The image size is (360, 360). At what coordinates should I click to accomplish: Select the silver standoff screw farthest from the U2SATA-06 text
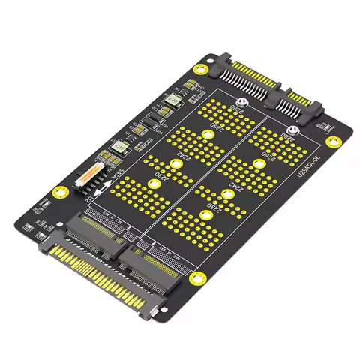pos(241,106)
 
